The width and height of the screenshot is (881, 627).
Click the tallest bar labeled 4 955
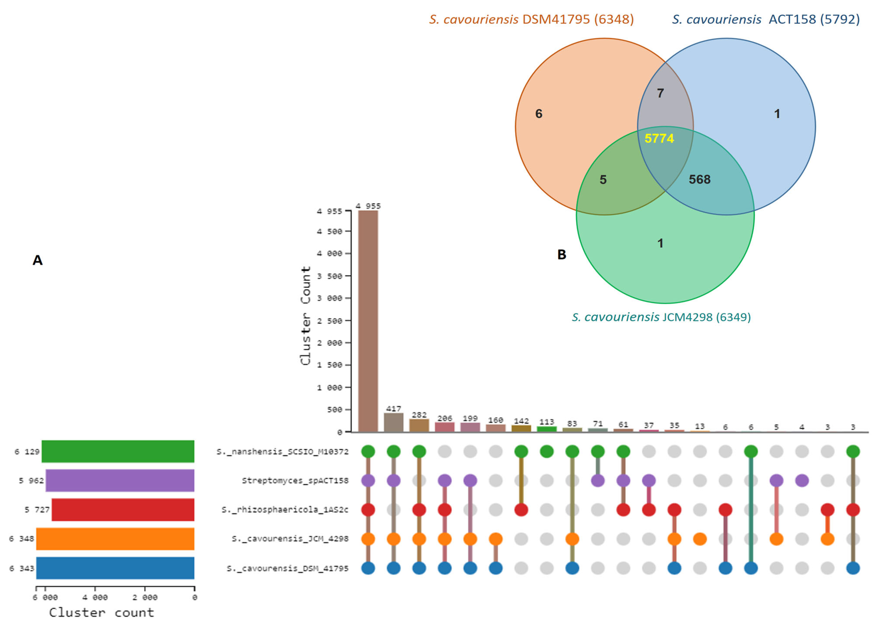click(x=368, y=321)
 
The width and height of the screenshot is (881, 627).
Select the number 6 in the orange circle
click(x=538, y=113)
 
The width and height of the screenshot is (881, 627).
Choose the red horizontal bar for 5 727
click(x=123, y=510)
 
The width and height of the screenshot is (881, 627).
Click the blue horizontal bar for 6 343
click(x=115, y=568)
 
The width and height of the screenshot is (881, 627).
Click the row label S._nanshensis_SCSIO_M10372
click(x=282, y=451)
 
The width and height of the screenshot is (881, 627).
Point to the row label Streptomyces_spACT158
click(x=295, y=481)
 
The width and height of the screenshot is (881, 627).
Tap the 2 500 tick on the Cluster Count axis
click(x=329, y=321)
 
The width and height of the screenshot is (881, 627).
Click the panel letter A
click(x=37, y=260)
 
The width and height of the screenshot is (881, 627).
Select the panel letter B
click(x=562, y=254)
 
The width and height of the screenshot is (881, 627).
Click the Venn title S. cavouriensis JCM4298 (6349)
click(x=661, y=317)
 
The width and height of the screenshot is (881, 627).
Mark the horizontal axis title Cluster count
click(x=101, y=612)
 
